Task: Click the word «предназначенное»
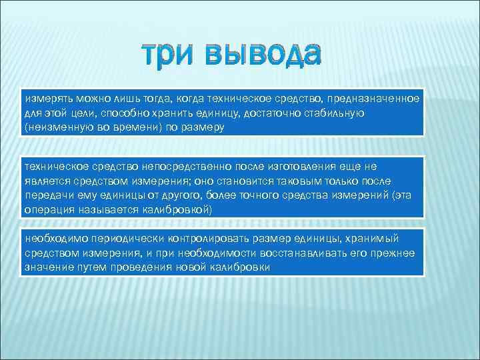(x=376, y=99)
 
